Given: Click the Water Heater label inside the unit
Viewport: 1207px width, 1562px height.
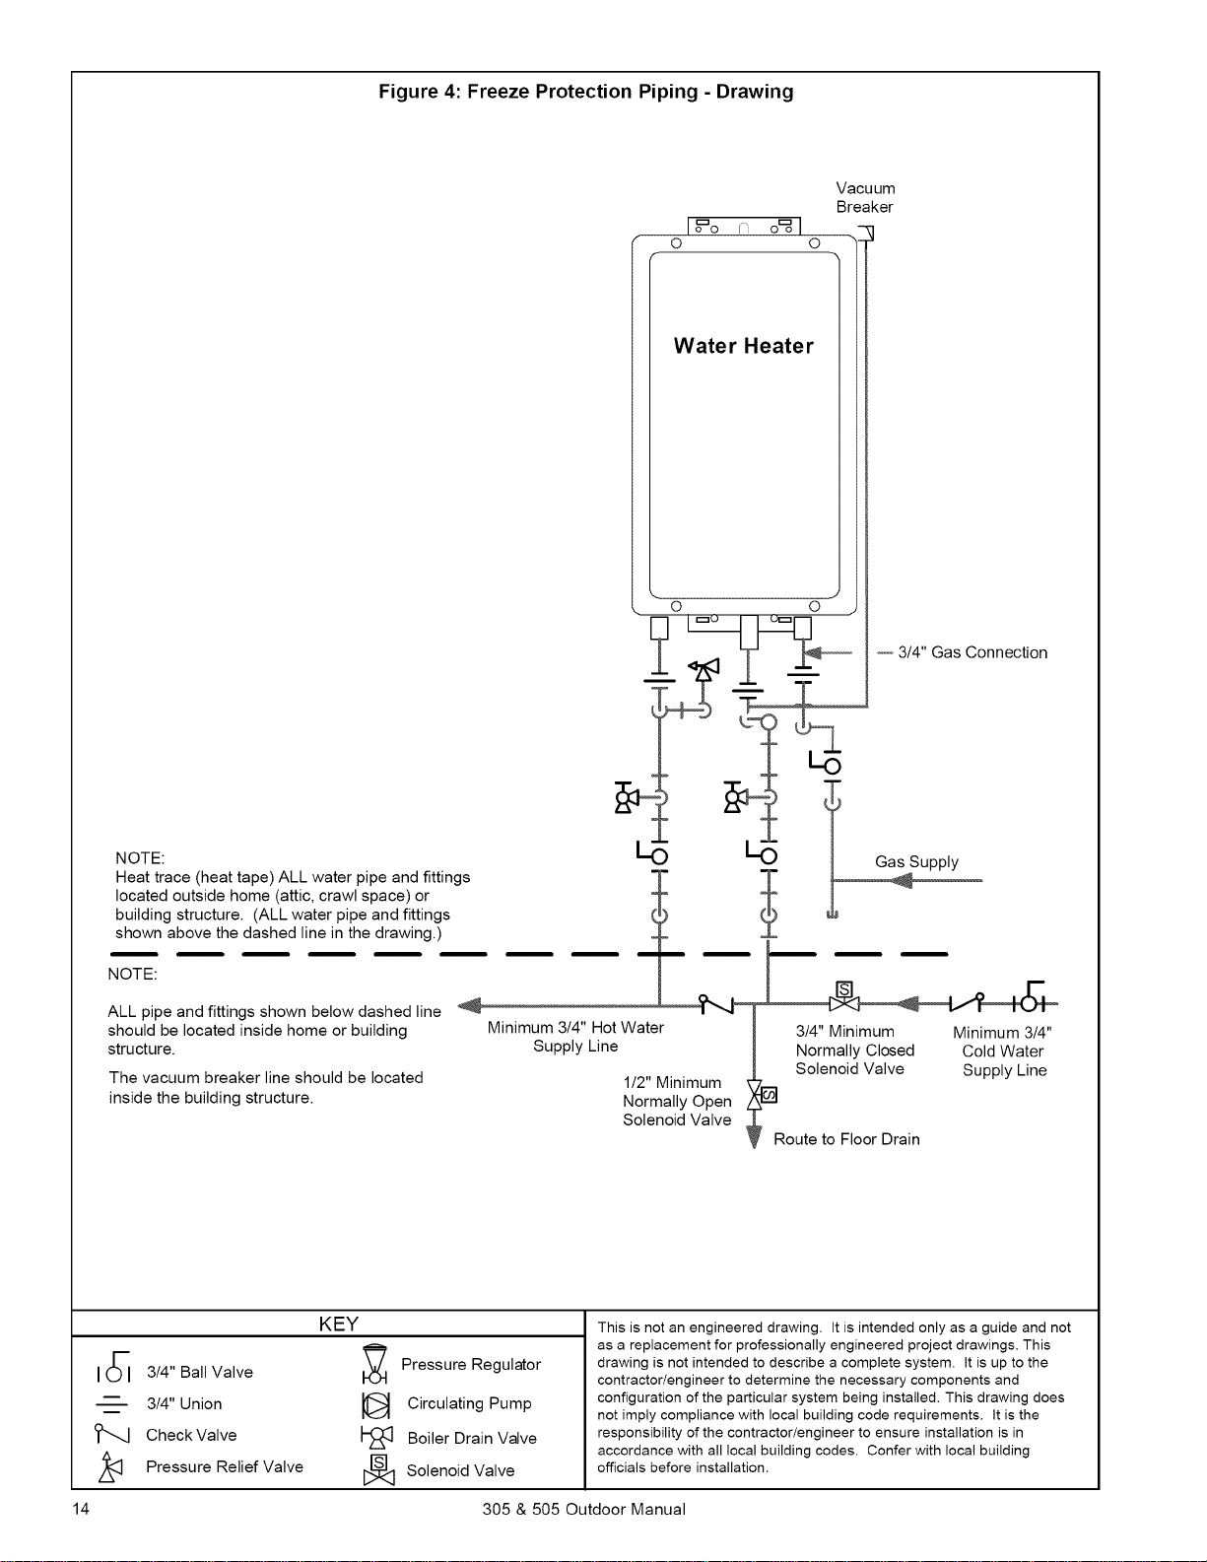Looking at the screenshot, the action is (x=744, y=346).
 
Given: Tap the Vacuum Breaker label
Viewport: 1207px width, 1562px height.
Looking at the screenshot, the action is (x=866, y=198).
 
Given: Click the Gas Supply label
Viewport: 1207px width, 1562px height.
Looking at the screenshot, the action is (x=916, y=862).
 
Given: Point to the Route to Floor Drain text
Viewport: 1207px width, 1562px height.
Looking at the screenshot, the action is (x=846, y=1139).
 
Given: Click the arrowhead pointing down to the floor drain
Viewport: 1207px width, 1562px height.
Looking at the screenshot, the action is (x=754, y=1137).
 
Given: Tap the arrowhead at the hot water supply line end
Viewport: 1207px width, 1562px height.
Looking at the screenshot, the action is (x=469, y=1005).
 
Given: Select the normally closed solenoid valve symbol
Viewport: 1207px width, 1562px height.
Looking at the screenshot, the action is (x=844, y=997).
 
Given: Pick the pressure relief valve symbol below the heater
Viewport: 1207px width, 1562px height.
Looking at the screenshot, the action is (x=704, y=670).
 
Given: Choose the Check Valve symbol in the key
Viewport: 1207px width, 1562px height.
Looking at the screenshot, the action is (x=111, y=1433).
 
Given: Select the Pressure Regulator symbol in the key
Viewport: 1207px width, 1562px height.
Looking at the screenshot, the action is (x=375, y=1364).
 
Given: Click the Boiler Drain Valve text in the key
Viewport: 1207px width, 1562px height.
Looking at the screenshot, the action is (x=472, y=1439).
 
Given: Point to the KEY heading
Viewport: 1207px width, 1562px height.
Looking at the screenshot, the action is (x=338, y=1324).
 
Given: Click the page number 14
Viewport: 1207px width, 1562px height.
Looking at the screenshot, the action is (x=81, y=1509).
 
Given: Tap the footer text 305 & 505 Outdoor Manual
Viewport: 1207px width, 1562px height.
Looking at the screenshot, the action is (x=584, y=1510).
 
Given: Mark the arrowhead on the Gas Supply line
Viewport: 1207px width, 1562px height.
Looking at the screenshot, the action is (x=901, y=880).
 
